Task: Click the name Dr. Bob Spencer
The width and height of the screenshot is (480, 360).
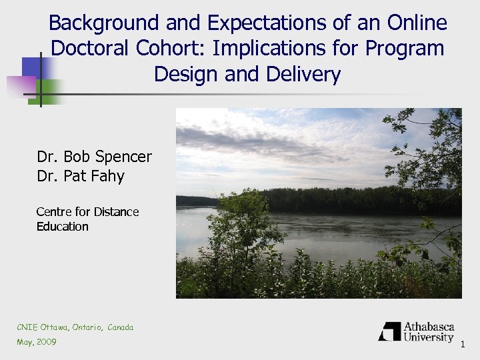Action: coord(94,157)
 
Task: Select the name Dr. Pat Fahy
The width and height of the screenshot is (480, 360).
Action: coord(81,176)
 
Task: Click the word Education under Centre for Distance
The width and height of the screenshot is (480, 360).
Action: coord(62,227)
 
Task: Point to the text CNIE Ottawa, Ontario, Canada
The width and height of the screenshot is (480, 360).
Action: coord(75,327)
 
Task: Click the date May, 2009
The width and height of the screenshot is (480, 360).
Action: coord(37,342)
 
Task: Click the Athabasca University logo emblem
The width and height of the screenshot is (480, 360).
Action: coord(389,331)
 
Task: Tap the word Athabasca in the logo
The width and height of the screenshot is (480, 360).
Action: coord(429,327)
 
